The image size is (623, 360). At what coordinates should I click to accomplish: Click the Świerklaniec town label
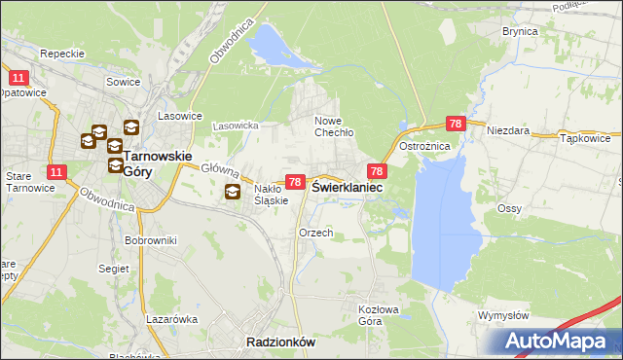click(346, 187)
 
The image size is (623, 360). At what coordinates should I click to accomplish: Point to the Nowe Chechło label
click(333, 127)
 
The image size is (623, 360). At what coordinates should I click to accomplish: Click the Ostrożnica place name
click(424, 146)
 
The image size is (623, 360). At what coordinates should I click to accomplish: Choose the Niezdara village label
click(507, 128)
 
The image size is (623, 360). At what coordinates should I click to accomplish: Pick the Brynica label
click(520, 31)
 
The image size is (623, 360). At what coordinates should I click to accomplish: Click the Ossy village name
click(510, 208)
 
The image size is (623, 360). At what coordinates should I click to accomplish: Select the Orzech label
click(316, 233)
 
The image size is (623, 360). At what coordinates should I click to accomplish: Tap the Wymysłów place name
click(503, 315)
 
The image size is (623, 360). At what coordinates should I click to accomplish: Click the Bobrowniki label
click(149, 239)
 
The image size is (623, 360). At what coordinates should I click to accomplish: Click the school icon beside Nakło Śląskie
click(233, 192)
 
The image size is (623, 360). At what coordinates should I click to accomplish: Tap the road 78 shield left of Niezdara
click(456, 124)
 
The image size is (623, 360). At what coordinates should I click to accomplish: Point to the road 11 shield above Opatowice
click(18, 77)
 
